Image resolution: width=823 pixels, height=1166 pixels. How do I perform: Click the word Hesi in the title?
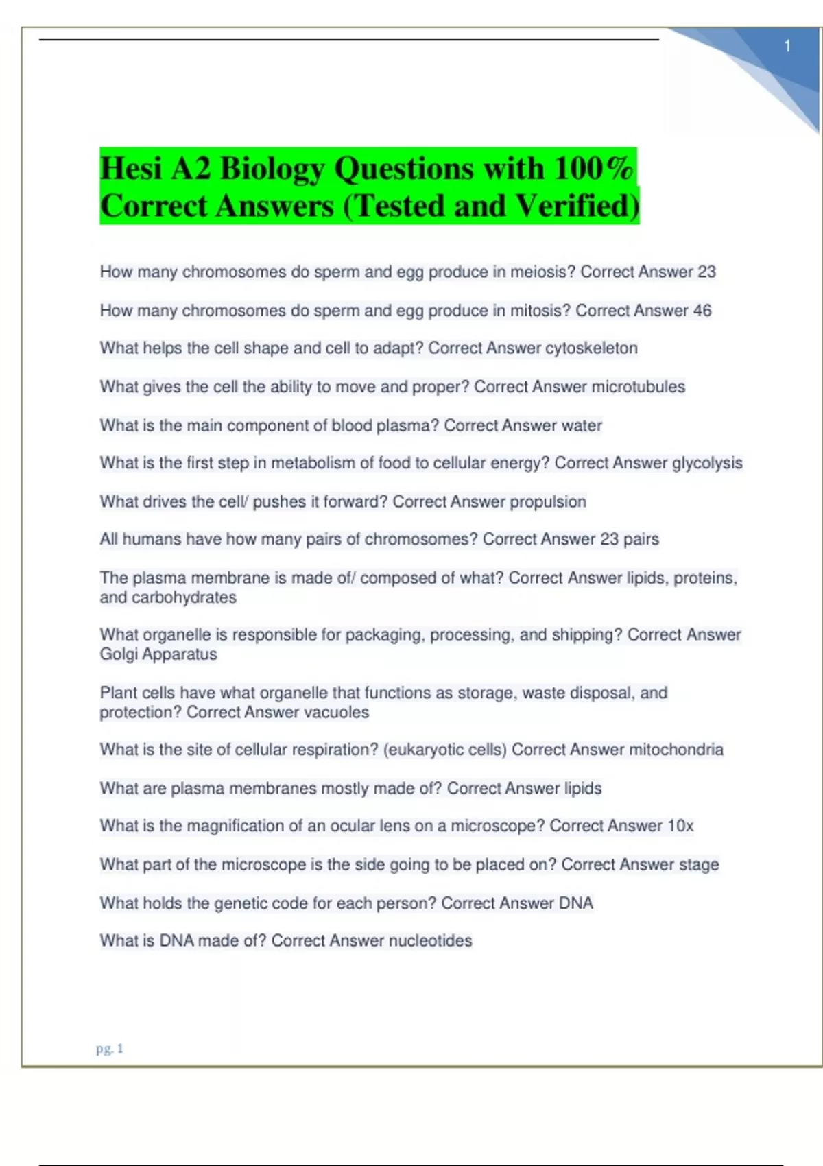[131, 169]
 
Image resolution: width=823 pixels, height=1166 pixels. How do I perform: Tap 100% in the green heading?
[593, 169]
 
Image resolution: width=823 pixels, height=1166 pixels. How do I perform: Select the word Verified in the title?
[577, 206]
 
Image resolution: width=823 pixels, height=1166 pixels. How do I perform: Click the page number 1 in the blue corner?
[787, 46]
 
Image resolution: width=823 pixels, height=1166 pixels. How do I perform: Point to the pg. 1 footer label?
[110, 1049]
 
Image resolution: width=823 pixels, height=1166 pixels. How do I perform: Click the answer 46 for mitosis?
[702, 311]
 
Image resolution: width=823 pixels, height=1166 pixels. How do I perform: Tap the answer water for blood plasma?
[582, 426]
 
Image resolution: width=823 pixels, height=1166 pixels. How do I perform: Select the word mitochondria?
[676, 750]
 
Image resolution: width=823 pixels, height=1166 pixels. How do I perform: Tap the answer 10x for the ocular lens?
[680, 826]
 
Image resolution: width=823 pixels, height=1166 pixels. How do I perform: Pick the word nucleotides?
[430, 941]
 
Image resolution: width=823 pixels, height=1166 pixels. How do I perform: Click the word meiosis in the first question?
[537, 272]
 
